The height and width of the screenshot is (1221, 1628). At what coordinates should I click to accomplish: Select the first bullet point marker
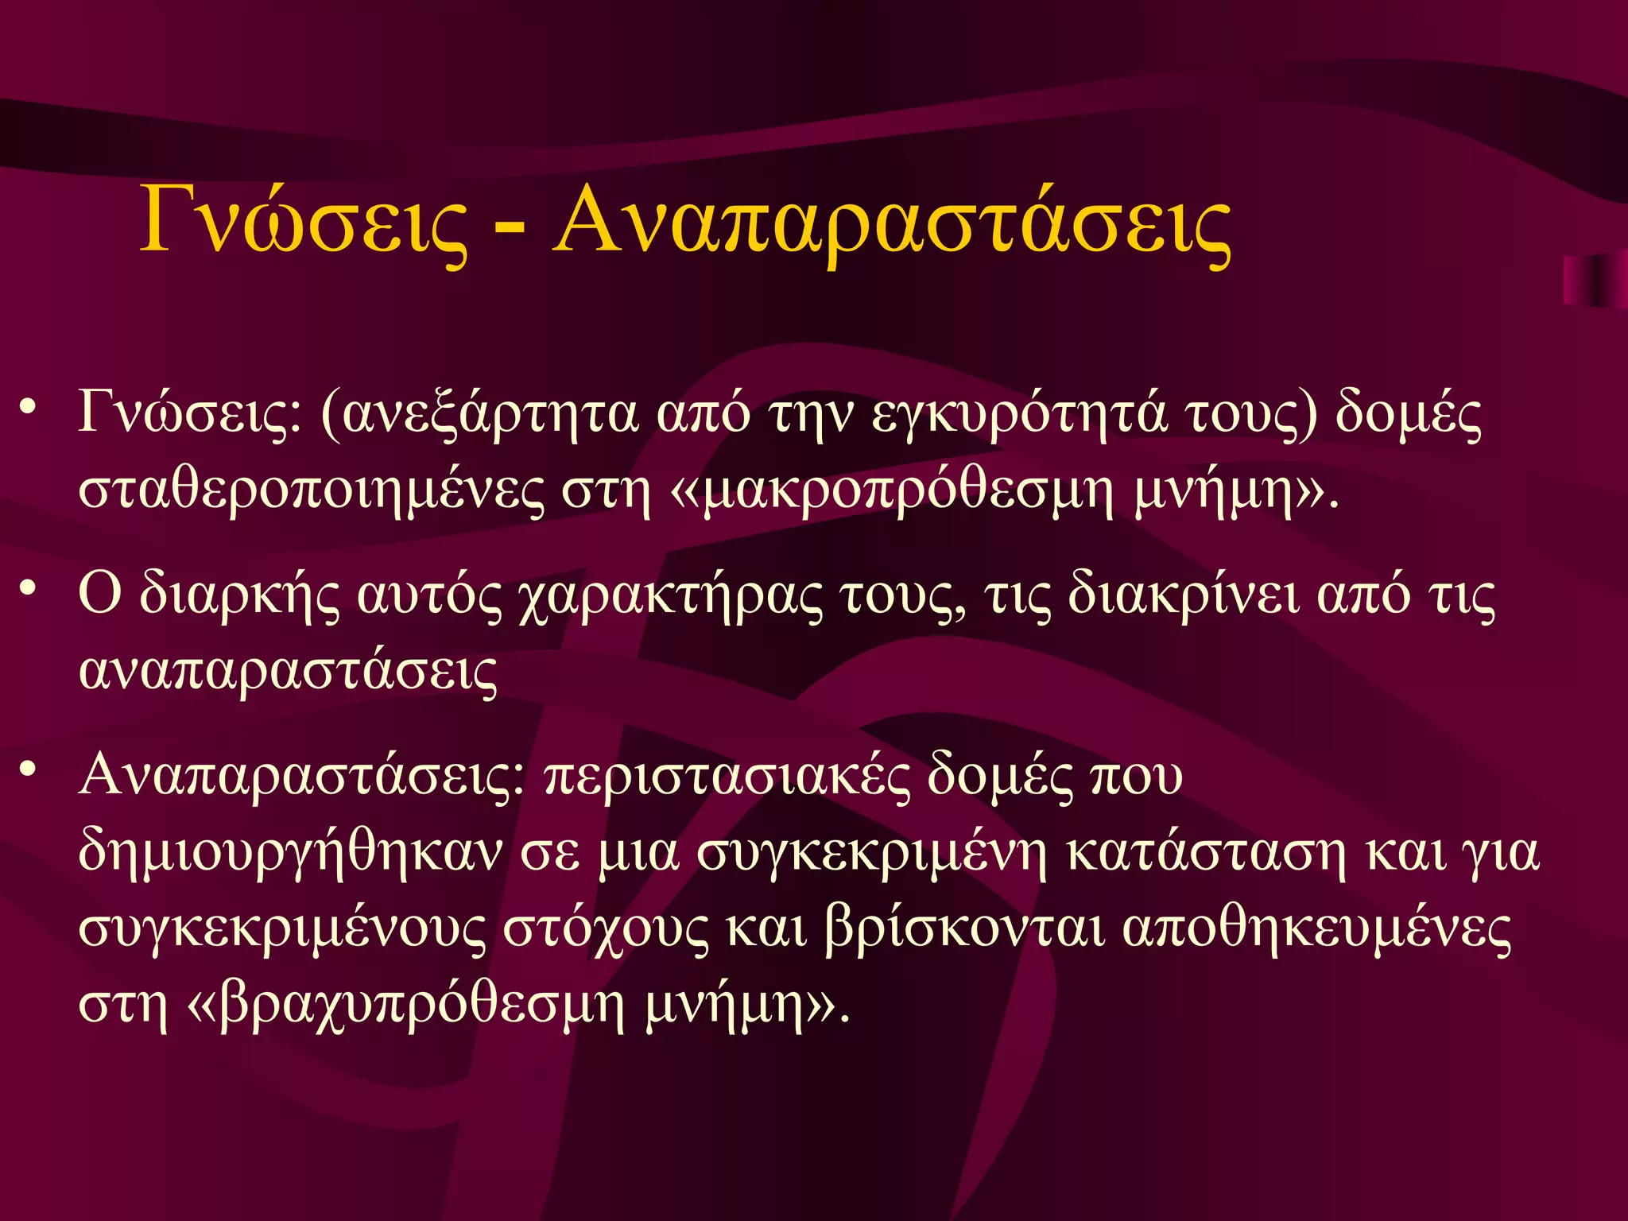pos(29,406)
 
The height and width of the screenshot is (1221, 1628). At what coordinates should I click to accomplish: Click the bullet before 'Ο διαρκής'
pos(29,587)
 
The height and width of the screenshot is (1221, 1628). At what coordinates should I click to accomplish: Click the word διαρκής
pos(239,596)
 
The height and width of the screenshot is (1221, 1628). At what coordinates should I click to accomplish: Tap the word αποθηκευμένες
pos(1316,929)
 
